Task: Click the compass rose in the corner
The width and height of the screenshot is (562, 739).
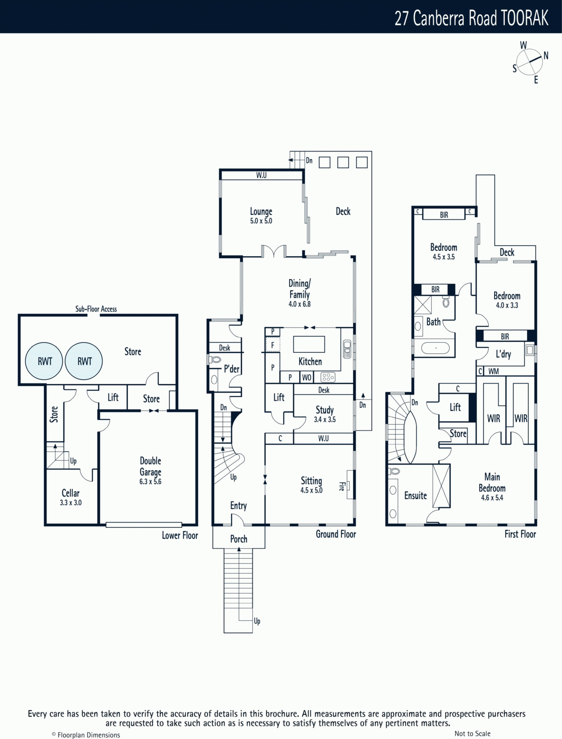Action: (530, 62)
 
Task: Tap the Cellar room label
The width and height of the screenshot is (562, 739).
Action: (71, 493)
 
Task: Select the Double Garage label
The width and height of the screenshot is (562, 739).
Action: (151, 466)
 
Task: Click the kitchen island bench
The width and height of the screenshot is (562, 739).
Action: (309, 344)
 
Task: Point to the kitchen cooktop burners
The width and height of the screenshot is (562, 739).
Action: (328, 377)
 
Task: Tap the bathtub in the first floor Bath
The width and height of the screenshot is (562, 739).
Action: (435, 348)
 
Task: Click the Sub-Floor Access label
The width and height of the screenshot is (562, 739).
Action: (96, 309)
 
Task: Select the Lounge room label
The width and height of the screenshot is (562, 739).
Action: (261, 212)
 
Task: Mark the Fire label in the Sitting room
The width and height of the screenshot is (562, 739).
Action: (342, 486)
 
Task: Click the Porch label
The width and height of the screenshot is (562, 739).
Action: (239, 539)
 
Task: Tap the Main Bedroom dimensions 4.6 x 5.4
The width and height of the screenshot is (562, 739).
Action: (492, 497)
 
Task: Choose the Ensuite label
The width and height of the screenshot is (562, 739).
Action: (415, 496)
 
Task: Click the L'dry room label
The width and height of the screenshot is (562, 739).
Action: (503, 354)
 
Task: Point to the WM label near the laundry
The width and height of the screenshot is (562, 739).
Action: (494, 371)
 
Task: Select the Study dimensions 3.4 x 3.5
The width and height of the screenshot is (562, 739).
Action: (324, 419)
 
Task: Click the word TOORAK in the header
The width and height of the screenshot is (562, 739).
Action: (525, 18)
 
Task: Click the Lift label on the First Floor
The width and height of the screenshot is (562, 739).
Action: (455, 407)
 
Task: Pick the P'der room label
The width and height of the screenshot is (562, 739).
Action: (232, 369)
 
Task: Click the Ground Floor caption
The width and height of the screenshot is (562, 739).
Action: (336, 534)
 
